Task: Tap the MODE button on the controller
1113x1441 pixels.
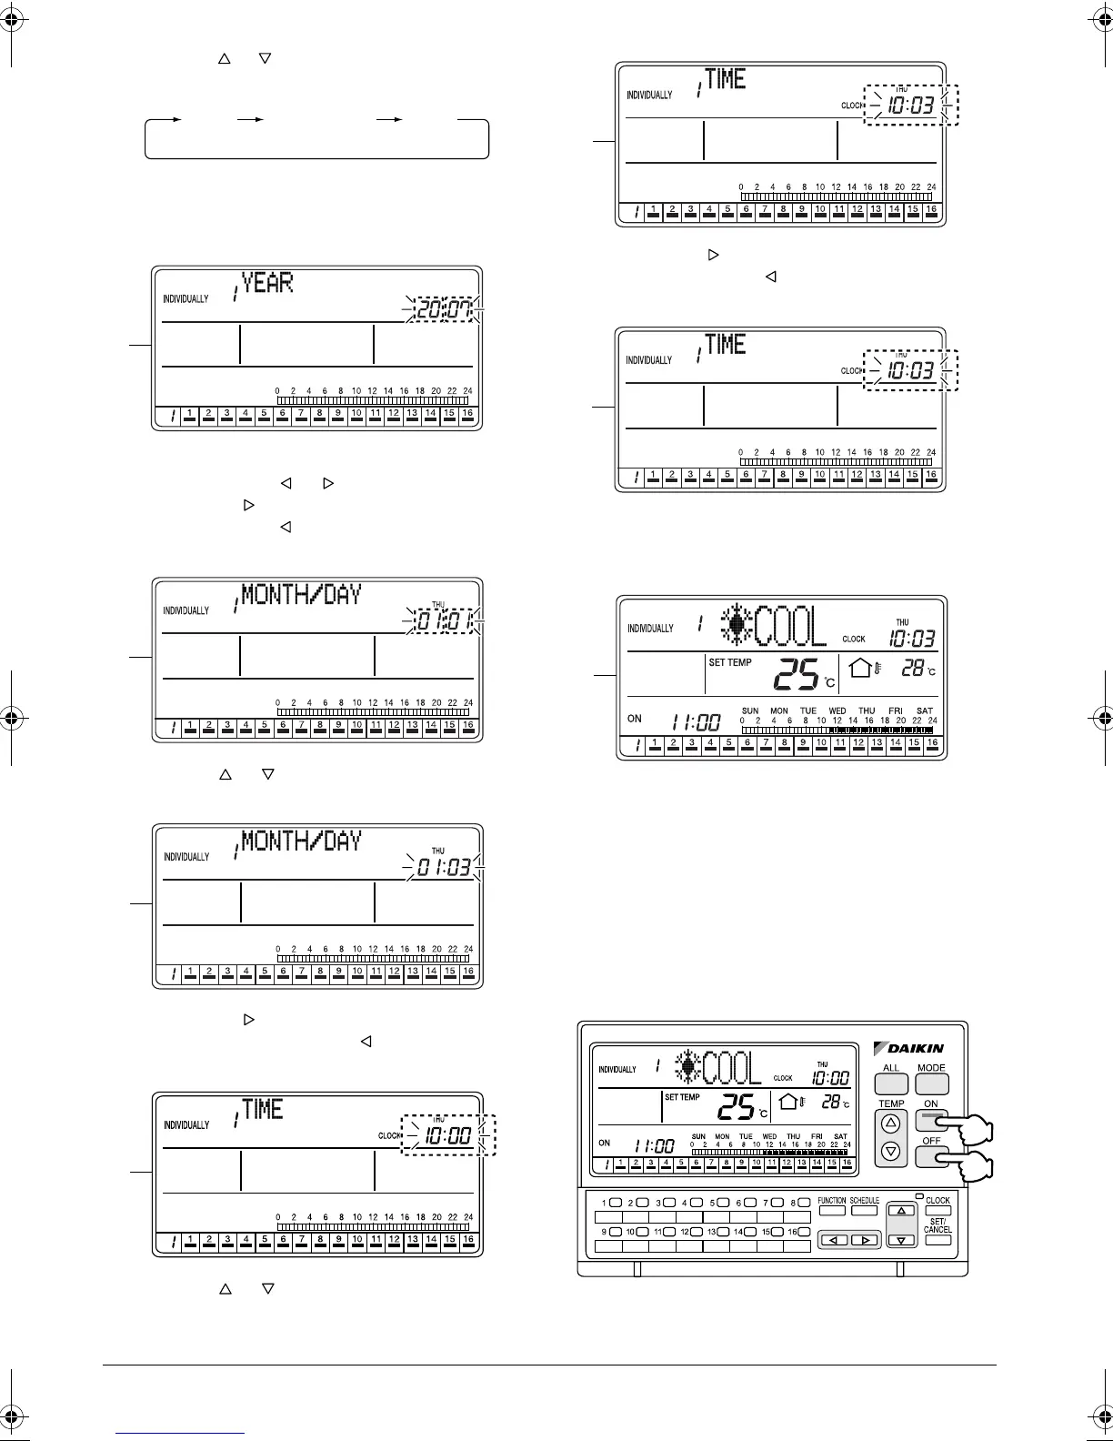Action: point(931,1083)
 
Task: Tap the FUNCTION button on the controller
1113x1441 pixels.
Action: point(832,1211)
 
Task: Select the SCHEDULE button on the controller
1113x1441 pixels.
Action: point(864,1211)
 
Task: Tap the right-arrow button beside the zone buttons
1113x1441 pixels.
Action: point(865,1240)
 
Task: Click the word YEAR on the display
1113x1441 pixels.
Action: point(267,283)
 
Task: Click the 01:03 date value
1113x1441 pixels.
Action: point(445,868)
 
